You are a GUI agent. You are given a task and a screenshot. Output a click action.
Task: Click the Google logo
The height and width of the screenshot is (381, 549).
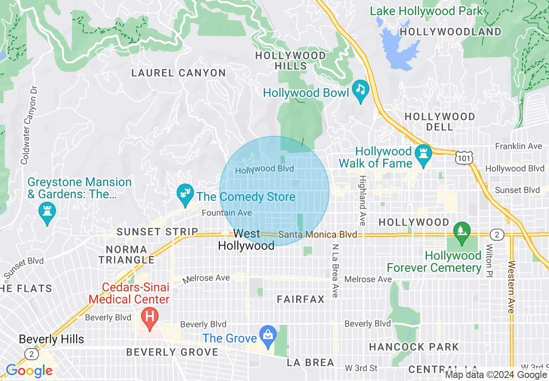29,371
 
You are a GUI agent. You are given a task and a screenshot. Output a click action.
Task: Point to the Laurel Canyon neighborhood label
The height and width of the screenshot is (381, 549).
178,73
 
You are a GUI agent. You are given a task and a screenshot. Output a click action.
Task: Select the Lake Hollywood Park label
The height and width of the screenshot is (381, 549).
426,11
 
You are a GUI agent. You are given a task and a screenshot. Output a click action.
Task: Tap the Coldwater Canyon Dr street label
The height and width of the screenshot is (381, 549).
27,125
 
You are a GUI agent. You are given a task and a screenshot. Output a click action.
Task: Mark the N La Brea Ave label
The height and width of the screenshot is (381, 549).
335,271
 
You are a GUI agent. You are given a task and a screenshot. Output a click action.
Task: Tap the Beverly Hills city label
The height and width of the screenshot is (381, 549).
52,339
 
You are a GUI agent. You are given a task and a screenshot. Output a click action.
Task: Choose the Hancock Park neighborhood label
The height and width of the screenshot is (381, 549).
413,347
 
